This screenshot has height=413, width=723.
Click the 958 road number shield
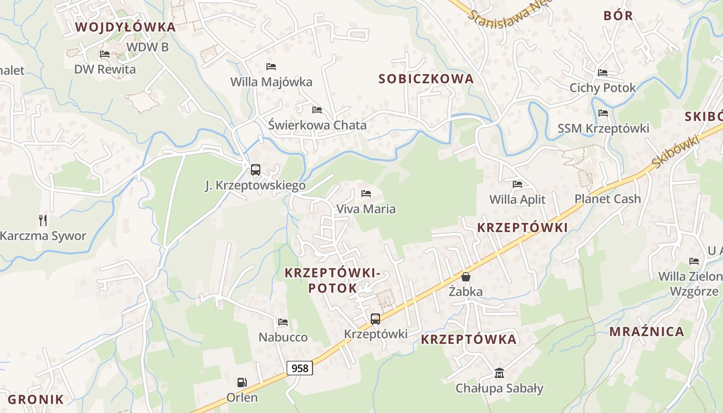[300, 368]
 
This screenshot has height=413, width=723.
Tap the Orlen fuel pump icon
[242, 383]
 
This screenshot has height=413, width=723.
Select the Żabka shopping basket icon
[465, 277]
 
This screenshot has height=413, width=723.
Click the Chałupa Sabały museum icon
[499, 373]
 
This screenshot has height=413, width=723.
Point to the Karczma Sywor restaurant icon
[43, 220]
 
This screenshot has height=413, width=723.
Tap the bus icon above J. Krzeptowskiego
[255, 170]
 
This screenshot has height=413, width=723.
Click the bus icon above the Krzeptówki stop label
[375, 319]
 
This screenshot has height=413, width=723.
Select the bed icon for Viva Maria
[366, 194]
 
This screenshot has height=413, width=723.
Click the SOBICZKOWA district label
[426, 79]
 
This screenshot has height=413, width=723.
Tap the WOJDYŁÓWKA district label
[125, 27]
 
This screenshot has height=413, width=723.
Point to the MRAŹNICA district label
[647, 331]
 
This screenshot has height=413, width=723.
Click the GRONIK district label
[36, 399]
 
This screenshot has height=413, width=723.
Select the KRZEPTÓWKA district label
[468, 339]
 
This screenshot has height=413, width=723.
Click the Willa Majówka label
[271, 82]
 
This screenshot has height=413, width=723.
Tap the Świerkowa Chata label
[317, 125]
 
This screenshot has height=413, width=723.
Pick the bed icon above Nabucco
[282, 322]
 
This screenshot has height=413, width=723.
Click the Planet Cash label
[607, 199]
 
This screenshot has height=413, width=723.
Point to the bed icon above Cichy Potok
[602, 73]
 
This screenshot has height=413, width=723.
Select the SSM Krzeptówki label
[603, 129]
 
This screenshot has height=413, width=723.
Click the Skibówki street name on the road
[675, 151]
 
